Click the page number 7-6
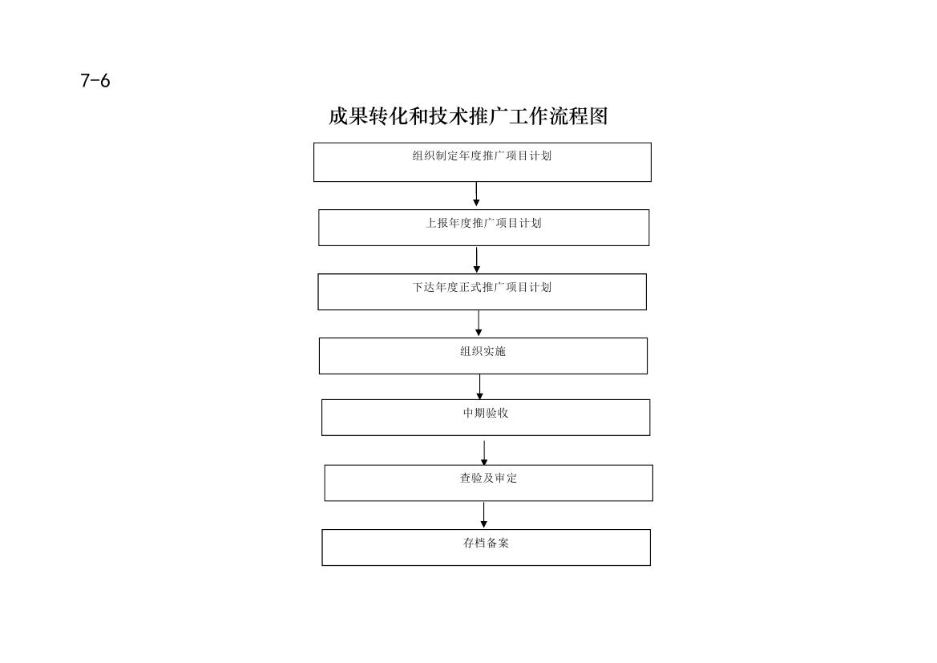(x=95, y=81)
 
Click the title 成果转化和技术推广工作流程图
(x=468, y=116)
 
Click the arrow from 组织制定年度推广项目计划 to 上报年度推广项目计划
(x=476, y=194)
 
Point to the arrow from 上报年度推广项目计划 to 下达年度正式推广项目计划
(x=476, y=260)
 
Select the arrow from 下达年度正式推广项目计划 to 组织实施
(x=478, y=323)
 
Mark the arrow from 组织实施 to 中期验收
(x=479, y=386)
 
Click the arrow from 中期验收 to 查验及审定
(x=484, y=453)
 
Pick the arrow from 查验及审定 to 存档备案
(x=483, y=515)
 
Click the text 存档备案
(x=486, y=543)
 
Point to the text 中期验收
(x=485, y=413)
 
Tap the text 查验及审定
(x=488, y=478)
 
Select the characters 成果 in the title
(x=349, y=116)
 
